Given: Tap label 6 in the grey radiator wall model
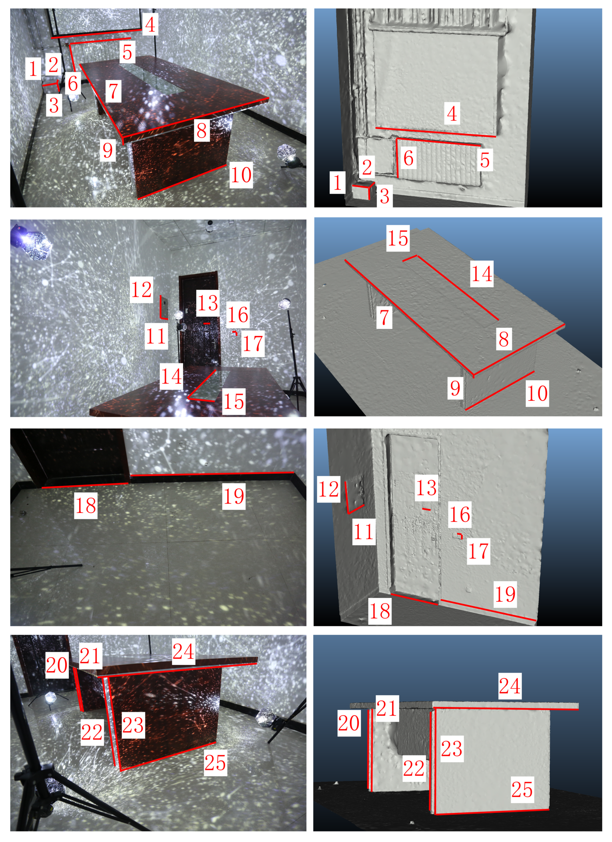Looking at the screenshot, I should coord(408,158).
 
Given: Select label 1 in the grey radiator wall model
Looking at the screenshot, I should coord(337,182).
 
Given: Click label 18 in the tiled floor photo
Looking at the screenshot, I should coord(86,505).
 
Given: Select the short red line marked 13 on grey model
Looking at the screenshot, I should coord(427,509).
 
